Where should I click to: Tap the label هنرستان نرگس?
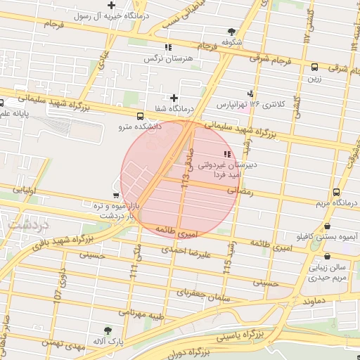pyautogui.click(x=158, y=58)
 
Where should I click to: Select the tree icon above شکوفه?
pyautogui.click(x=231, y=32)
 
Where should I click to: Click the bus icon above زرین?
pyautogui.click(x=314, y=67)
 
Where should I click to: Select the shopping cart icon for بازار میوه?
pyautogui.click(x=116, y=195)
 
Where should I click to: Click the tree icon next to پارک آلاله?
pyautogui.click(x=107, y=330)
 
